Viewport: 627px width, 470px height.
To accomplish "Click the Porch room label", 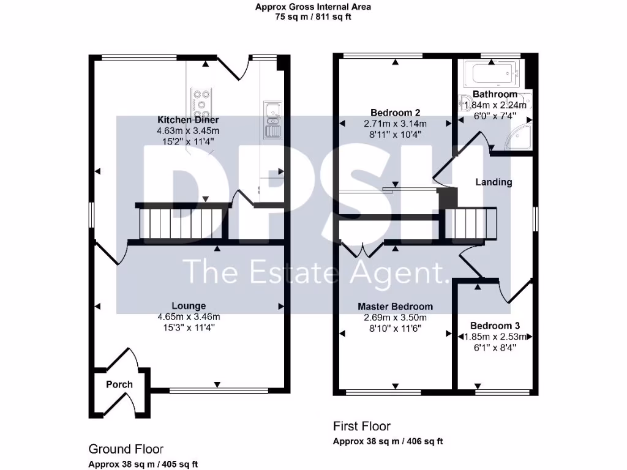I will click(119, 384).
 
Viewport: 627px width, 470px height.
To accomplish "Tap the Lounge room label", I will click(189, 306).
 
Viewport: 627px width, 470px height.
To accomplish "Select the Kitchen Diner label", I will click(189, 120).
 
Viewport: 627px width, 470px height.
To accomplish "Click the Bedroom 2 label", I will click(395, 113).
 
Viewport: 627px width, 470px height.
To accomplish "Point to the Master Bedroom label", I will click(395, 307).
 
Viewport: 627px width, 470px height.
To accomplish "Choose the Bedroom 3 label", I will click(495, 326).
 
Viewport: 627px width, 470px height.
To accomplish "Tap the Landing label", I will click(494, 182).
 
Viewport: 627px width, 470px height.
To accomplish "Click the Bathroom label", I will click(495, 95).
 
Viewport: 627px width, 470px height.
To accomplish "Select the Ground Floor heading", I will click(126, 449).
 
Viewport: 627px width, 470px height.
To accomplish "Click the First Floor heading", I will click(361, 426).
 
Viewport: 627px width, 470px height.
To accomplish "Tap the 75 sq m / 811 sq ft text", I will click(313, 17).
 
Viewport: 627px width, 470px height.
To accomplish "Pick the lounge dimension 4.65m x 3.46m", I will click(188, 317).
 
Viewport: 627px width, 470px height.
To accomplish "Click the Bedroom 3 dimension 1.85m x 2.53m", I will click(495, 337).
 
